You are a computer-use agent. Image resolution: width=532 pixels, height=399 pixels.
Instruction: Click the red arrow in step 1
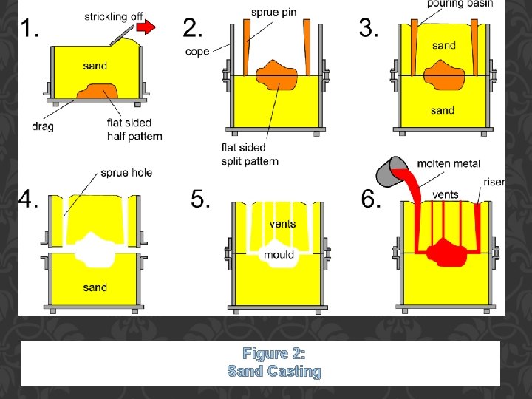[x=146, y=28]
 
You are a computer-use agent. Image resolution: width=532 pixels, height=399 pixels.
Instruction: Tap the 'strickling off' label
[x=115, y=16]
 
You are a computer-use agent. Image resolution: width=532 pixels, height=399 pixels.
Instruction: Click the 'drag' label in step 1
[x=42, y=126]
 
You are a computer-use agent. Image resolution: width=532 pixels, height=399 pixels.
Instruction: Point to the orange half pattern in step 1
[x=97, y=92]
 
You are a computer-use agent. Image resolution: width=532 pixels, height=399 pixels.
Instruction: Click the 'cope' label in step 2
[x=197, y=52]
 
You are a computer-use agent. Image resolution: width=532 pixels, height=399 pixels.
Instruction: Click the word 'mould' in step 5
[x=279, y=254]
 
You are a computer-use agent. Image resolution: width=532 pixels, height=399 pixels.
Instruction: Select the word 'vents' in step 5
[x=282, y=224]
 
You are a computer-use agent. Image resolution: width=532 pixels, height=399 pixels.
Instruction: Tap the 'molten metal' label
[x=449, y=163]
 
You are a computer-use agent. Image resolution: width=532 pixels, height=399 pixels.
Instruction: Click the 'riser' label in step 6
[x=494, y=182]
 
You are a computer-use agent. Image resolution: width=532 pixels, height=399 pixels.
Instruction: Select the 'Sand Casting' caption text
[x=274, y=371]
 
